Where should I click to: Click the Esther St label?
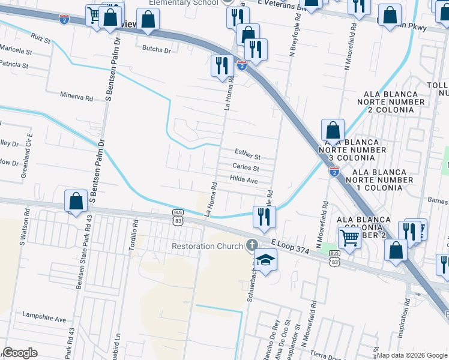pyautogui.click(x=247, y=155)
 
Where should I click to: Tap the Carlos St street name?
pyautogui.click(x=246, y=168)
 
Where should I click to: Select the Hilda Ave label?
pyautogui.click(x=244, y=180)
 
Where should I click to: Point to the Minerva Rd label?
pyautogui.click(x=77, y=95)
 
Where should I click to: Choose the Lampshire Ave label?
pyautogui.click(x=44, y=315)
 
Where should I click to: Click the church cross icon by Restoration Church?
pyautogui.click(x=252, y=245)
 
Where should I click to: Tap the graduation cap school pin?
pyautogui.click(x=264, y=260)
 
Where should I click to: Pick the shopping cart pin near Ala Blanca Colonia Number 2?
pyautogui.click(x=349, y=238)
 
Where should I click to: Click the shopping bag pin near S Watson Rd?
pyautogui.click(x=76, y=201)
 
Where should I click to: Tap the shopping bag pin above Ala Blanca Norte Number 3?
pyautogui.click(x=333, y=130)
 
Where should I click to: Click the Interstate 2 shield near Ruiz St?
pyautogui.click(x=64, y=20)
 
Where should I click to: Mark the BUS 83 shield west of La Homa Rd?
pyautogui.click(x=178, y=217)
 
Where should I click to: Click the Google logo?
pyautogui.click(x=20, y=352)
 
